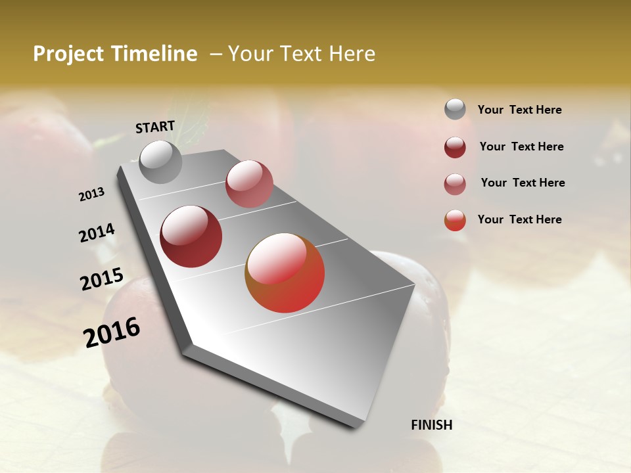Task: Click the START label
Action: pos(155,127)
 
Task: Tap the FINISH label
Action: pos(432,425)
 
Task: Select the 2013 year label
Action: pos(91,194)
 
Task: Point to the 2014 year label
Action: pos(97,233)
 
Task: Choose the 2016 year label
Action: pos(112,332)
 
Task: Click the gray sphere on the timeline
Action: pos(160,162)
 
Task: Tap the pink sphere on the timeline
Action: pos(249,184)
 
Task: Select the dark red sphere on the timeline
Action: pos(191,236)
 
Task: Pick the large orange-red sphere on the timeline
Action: pos(285,273)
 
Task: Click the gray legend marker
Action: pos(455,110)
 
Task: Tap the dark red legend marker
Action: pos(455,147)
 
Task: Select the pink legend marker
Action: pos(455,184)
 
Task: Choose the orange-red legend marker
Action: pos(455,220)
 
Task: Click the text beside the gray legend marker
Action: pos(519,110)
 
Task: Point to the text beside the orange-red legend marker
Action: pos(519,219)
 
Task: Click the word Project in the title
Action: pos(69,55)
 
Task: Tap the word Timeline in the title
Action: pos(154,54)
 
